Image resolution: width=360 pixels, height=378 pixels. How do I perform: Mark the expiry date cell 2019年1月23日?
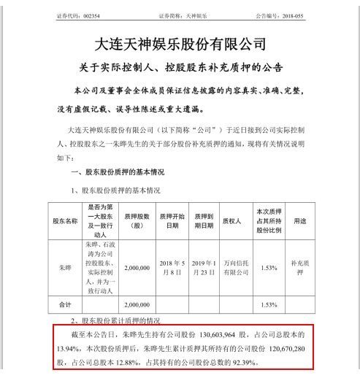tap(203, 268)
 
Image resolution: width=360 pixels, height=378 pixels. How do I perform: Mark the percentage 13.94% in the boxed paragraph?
tap(67, 347)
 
